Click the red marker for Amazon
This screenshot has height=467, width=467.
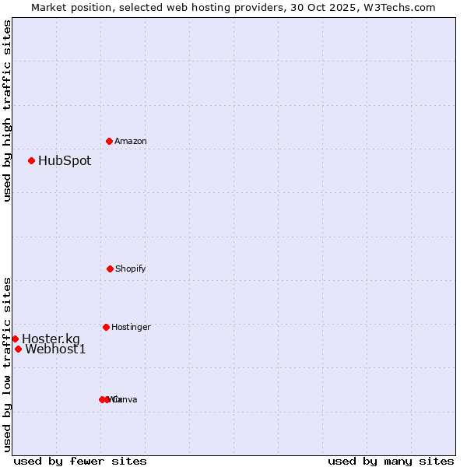109,141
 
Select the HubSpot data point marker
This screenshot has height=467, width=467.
31,161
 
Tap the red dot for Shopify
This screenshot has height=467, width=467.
110,269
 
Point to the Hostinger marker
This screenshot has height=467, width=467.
106,327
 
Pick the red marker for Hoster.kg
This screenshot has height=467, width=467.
15,339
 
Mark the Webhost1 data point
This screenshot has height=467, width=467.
18,349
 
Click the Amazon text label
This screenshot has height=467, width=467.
131,142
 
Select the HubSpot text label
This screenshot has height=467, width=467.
65,161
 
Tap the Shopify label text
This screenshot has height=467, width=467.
131,269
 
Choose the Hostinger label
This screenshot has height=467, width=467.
131,328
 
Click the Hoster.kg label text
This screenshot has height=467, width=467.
51,339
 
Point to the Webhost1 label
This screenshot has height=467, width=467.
55,349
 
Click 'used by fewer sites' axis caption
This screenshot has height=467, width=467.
80,461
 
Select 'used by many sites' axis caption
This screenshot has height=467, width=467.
391,461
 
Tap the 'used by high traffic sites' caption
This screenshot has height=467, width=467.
8,111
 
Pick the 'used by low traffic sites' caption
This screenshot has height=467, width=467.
8,364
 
